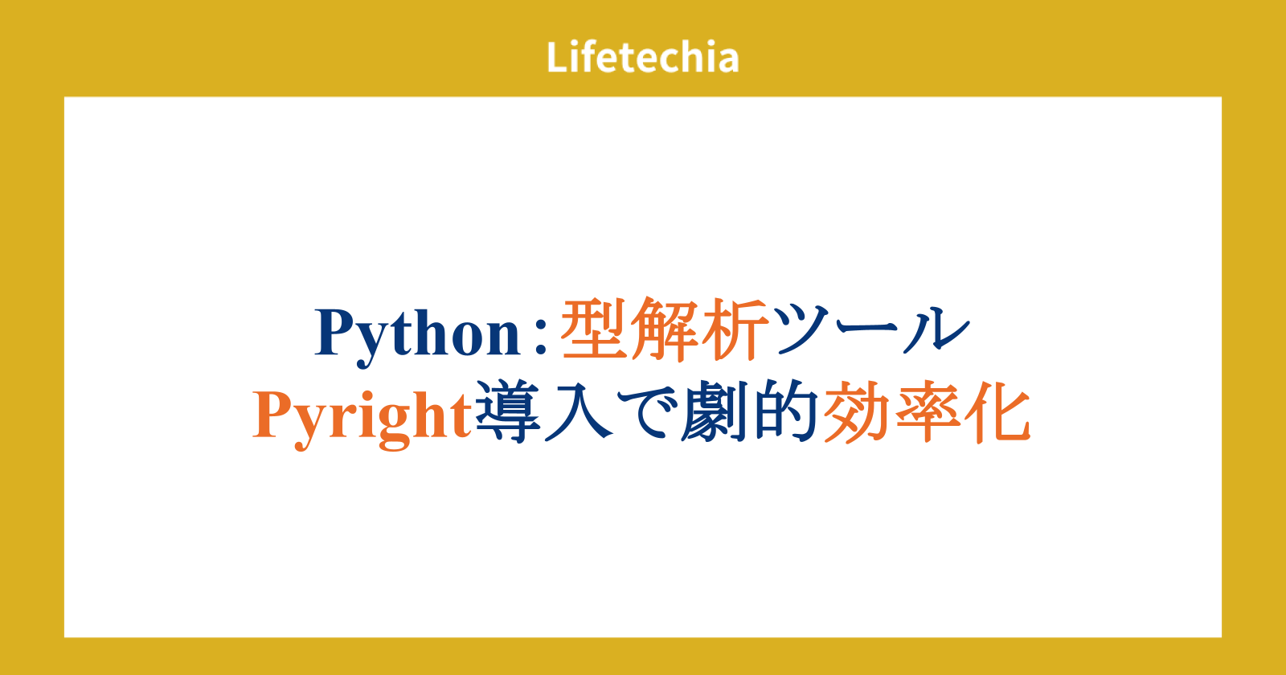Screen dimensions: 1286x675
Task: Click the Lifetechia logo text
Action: coord(642,57)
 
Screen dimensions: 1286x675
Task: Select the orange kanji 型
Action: coord(593,329)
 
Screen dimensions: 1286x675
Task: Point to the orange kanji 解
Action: coord(665,329)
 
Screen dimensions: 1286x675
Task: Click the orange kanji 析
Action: coord(735,329)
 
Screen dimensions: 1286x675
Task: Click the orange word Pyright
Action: coord(362,418)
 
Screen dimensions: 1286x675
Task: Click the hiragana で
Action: coord(645,413)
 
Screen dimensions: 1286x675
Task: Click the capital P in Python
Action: coord(336,332)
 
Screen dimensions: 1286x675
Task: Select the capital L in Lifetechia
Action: coord(558,57)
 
